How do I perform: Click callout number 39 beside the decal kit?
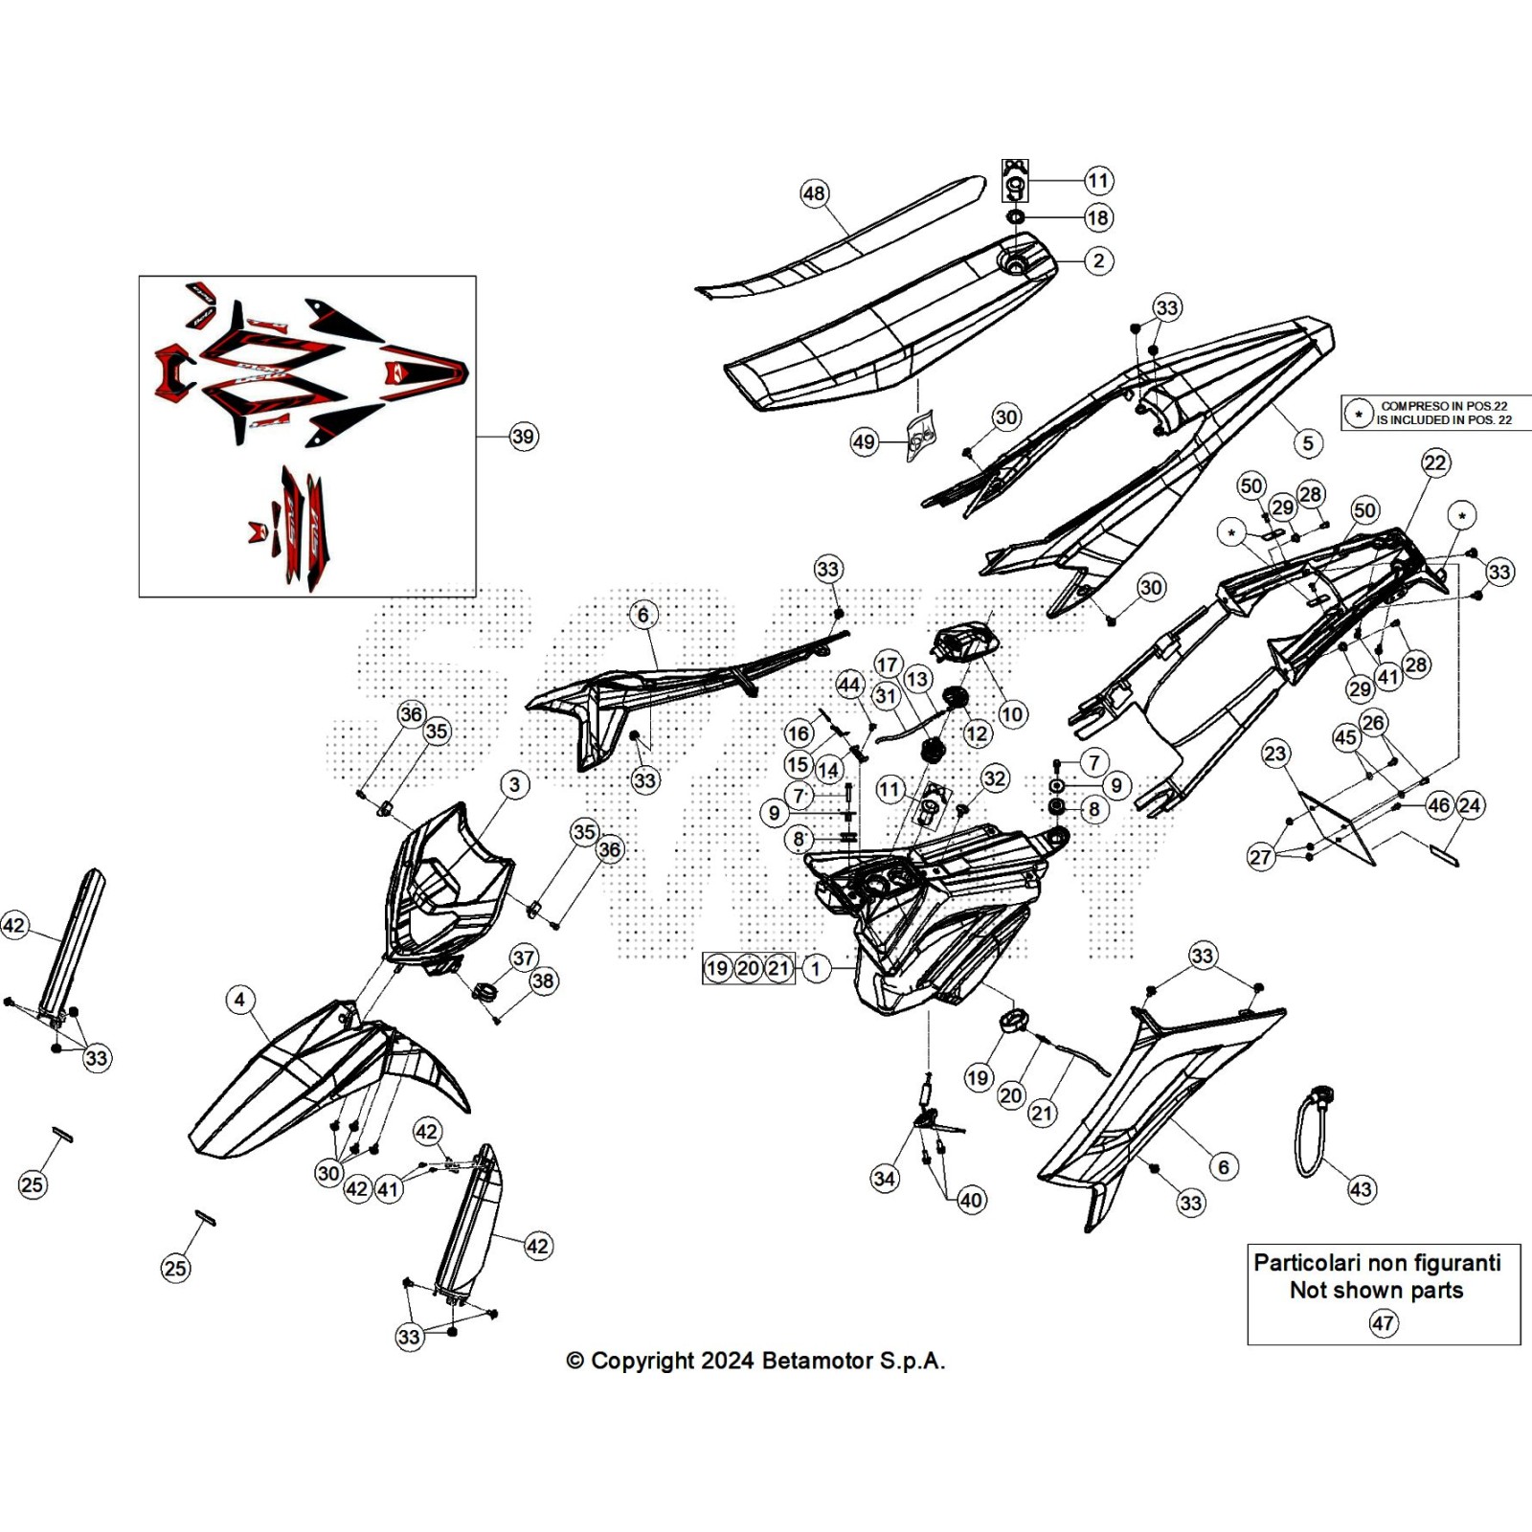click(523, 437)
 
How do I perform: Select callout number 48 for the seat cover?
click(814, 194)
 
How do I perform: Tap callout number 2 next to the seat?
click(1098, 260)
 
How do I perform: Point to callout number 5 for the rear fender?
click(1308, 443)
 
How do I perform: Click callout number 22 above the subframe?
click(1434, 463)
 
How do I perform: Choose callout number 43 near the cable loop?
click(1361, 1190)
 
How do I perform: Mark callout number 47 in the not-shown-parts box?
click(1383, 1323)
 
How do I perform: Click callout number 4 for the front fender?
click(239, 1001)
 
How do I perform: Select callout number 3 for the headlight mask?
click(515, 785)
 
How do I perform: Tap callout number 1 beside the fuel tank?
click(816, 968)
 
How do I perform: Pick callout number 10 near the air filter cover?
click(1012, 714)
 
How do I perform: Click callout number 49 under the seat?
click(864, 441)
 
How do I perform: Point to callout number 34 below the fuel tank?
click(885, 1179)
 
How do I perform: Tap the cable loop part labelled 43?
click(1310, 1139)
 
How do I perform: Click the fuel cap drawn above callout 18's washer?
click(1015, 181)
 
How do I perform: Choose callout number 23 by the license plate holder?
click(1275, 754)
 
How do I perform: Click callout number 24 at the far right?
click(1470, 805)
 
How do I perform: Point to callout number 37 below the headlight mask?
click(524, 957)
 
